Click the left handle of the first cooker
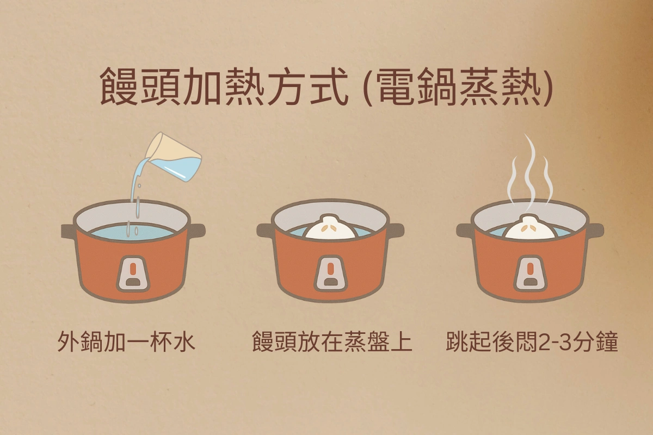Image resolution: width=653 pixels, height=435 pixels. [69, 230]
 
